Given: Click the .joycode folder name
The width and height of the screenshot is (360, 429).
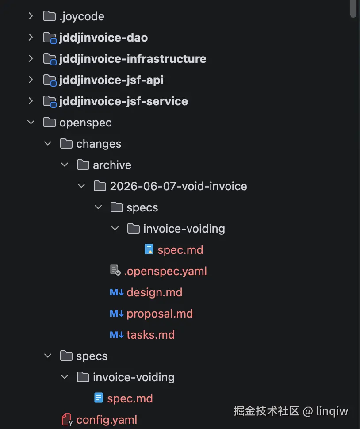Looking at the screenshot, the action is tap(82, 17).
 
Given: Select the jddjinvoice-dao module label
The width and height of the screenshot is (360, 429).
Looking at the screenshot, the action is tap(103, 38).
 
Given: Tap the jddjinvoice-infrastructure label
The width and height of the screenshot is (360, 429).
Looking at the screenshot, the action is tap(133, 59).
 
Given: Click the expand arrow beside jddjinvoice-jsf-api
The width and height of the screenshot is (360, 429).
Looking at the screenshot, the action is tap(31, 80).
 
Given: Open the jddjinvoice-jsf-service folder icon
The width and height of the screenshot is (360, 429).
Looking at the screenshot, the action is tap(50, 102).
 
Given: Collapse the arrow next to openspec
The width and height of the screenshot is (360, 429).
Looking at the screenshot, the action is tap(31, 123).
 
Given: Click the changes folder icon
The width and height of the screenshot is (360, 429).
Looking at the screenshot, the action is tap(66, 144).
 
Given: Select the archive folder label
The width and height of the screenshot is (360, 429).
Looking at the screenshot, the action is tap(112, 165).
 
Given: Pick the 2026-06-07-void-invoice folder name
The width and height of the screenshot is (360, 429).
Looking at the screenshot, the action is tap(178, 186).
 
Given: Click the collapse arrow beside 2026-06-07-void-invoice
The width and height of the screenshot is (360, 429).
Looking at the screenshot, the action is tap(81, 186).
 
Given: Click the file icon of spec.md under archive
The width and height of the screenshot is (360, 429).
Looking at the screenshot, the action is tap(149, 249).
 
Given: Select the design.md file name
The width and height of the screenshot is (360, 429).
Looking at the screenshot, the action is tap(154, 292).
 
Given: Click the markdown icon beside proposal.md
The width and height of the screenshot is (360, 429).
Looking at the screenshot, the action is tap(116, 314).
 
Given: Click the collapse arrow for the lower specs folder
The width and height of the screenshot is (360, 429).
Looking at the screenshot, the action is tap(48, 356).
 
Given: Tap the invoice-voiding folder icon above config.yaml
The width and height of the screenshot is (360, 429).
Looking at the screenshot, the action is tap(83, 377).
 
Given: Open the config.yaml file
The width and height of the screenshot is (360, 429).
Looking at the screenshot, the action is tap(107, 420).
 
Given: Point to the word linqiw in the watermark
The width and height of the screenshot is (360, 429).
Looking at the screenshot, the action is tap(332, 411).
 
